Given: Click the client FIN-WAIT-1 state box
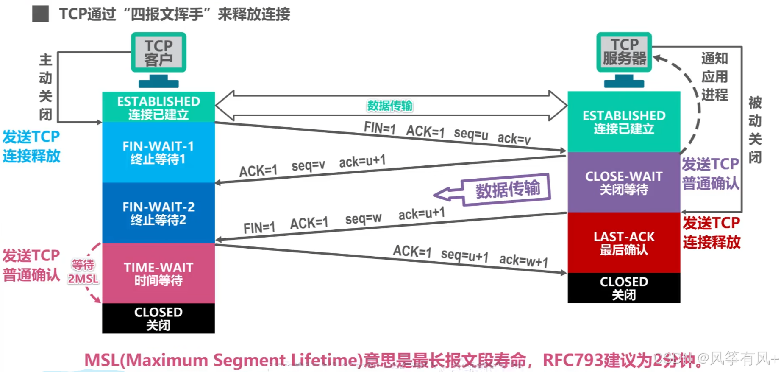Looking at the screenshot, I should coord(158,152).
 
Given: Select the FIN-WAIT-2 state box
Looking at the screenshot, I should coord(158,213).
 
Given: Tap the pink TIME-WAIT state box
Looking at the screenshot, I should coord(158,274).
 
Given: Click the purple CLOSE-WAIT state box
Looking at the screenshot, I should coord(624,182).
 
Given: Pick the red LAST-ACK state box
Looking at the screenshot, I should coord(624,243).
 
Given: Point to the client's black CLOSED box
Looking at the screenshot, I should coord(158,318).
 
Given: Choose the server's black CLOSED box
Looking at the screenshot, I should coord(624,288).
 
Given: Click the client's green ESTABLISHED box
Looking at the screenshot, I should coord(158,107).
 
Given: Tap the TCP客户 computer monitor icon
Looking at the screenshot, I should coord(158,53).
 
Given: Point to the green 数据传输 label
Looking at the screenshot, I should coord(389,106).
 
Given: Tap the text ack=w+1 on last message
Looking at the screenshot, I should coord(523,260).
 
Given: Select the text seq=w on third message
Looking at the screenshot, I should coord(363,218).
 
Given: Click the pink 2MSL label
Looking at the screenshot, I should coord(83,279).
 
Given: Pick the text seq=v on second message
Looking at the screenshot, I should coord(308,165).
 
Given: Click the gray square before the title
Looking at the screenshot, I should coord(41,14).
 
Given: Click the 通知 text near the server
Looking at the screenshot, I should coord(714,58).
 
